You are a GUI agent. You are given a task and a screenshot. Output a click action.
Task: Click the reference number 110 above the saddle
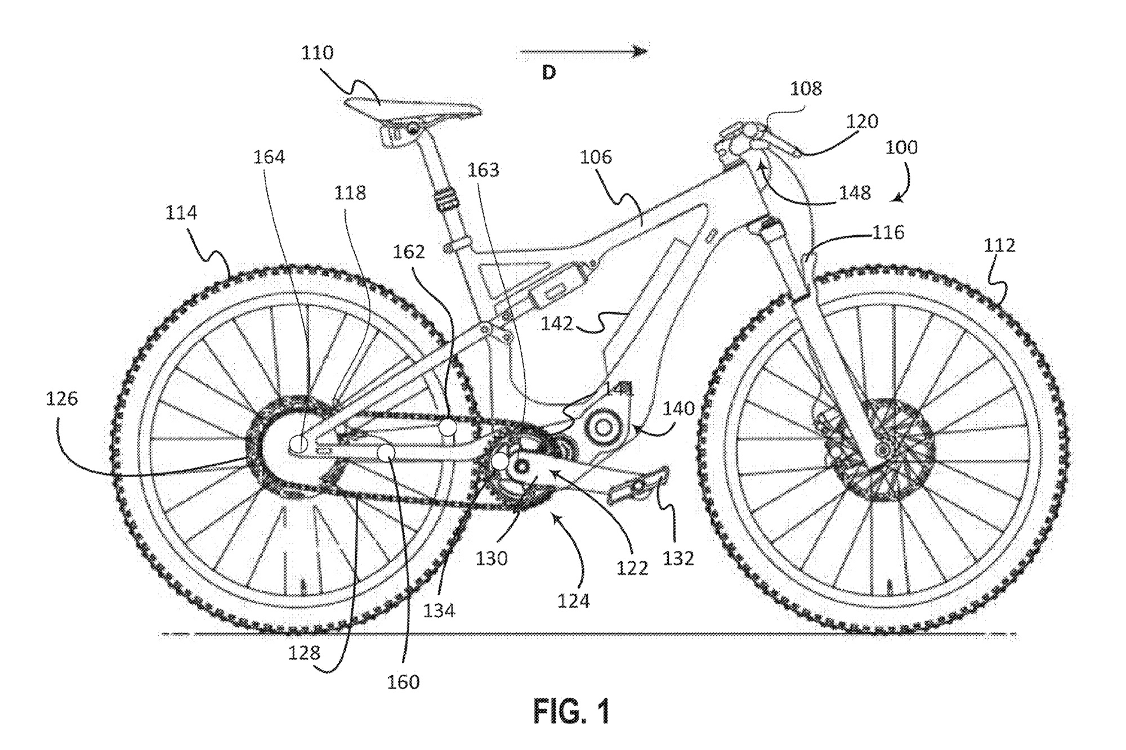click(x=317, y=53)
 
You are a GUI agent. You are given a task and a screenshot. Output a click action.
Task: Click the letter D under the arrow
click(x=549, y=73)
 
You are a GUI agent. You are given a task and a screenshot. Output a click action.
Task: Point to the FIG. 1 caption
click(x=571, y=711)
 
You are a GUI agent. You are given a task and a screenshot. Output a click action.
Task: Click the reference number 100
click(x=901, y=147)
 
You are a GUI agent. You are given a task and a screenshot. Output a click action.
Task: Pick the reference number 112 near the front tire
click(x=999, y=245)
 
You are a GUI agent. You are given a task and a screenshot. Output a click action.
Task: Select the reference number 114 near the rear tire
click(x=181, y=213)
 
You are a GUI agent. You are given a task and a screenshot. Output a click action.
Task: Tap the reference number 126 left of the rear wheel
click(x=61, y=399)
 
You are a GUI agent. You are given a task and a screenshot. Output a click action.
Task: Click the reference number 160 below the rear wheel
click(x=403, y=682)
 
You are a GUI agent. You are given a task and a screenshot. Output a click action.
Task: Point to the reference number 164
click(x=269, y=157)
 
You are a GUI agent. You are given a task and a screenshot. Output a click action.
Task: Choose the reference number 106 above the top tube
click(x=596, y=157)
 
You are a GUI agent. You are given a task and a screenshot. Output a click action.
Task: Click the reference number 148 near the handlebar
click(x=855, y=193)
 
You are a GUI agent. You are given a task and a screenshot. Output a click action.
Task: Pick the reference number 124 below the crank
click(x=574, y=601)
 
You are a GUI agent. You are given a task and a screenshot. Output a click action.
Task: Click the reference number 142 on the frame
click(x=557, y=324)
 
